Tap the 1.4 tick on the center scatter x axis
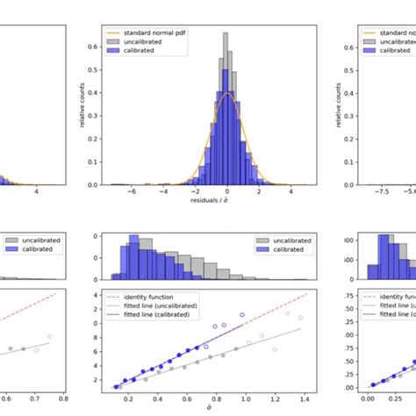[x=304, y=397]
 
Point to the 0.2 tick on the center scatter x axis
[x=129, y=397]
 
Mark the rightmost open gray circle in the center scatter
[x=300, y=317]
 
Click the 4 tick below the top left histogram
[x=36, y=191]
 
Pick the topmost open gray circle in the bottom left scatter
[x=49, y=336]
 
